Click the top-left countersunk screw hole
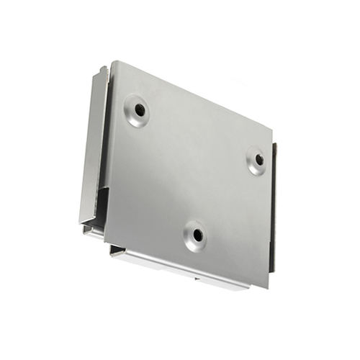138,110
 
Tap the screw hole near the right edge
257,160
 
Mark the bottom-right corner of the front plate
269,287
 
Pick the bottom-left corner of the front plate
104,238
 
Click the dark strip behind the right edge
274,209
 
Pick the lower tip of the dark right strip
272,269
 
